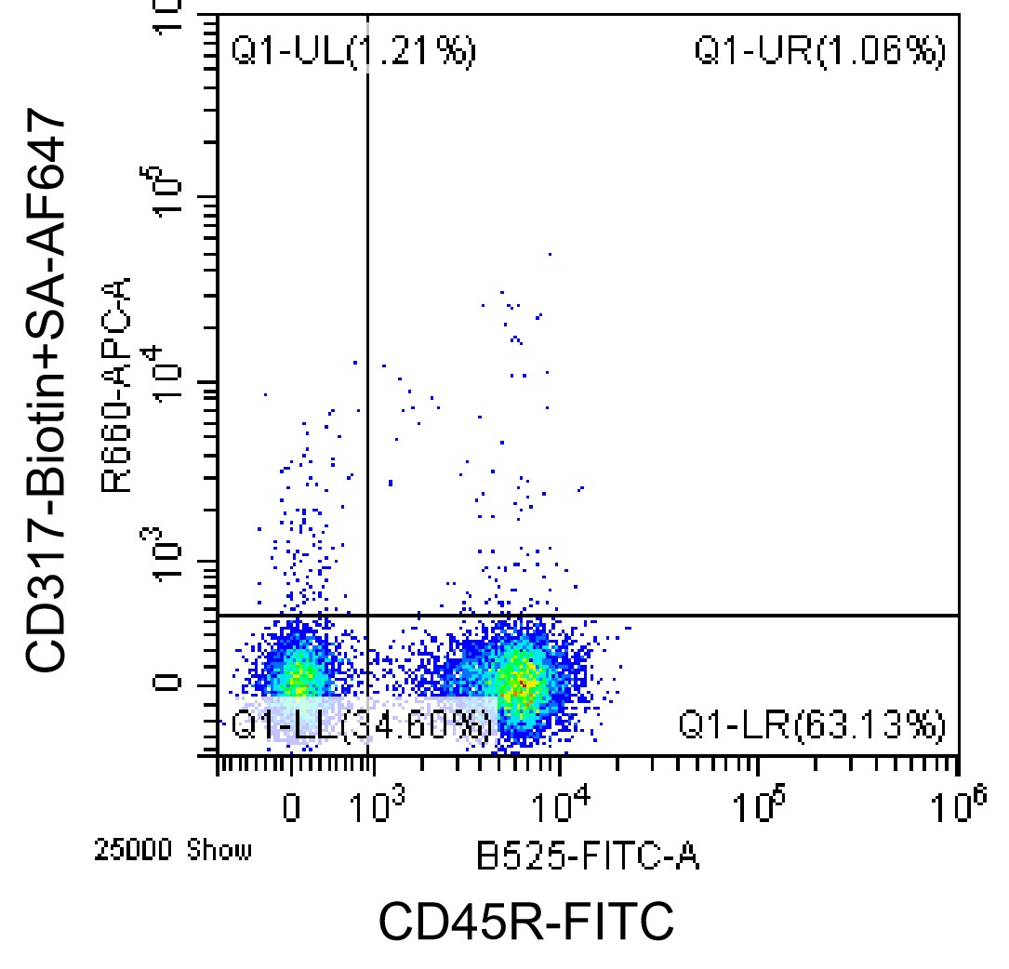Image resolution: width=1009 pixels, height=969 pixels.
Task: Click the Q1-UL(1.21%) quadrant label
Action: (x=353, y=51)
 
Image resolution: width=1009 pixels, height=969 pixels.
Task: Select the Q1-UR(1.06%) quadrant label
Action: (x=820, y=51)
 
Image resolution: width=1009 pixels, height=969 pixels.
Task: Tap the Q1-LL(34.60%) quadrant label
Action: (x=362, y=725)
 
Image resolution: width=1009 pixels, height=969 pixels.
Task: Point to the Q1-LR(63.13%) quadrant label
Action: (x=812, y=725)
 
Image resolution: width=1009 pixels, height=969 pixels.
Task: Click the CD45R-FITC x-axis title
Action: (x=525, y=922)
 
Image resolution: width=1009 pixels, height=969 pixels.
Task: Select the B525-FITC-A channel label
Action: (x=588, y=857)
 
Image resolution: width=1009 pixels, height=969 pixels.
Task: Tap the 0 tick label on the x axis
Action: (x=291, y=807)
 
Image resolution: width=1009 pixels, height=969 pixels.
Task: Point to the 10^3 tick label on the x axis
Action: (x=378, y=804)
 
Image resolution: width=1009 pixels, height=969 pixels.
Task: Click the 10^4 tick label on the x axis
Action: (x=562, y=804)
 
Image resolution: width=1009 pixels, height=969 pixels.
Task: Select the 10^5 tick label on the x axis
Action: (x=760, y=804)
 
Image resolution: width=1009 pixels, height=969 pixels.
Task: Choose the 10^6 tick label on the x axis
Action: (x=958, y=804)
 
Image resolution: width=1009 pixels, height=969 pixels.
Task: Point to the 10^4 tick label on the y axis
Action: (x=158, y=374)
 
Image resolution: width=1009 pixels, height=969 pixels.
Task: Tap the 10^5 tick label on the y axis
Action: (x=158, y=191)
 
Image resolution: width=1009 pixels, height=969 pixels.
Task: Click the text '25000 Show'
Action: (x=172, y=851)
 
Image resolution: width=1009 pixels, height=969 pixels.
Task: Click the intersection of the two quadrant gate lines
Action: (x=367, y=616)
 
